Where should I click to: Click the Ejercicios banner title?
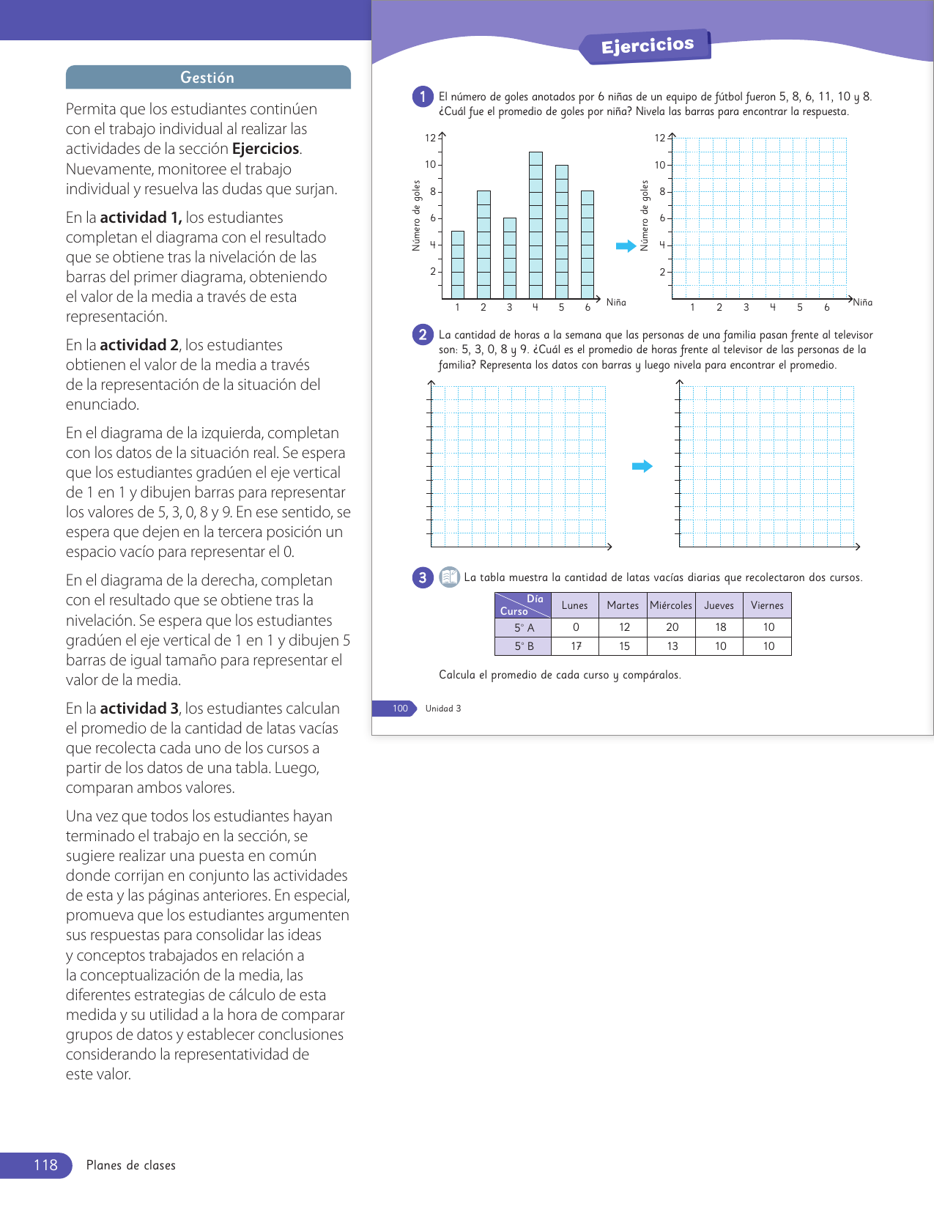coord(648,46)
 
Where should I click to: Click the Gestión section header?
coord(207,78)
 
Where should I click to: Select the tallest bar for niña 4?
coord(535,224)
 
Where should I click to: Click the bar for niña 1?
coord(458,265)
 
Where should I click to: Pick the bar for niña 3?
coord(510,258)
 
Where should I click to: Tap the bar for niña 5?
coord(562,232)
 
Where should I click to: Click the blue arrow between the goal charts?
coord(626,246)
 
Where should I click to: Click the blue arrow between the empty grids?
coord(642,466)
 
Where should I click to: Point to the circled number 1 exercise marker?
coord(423,97)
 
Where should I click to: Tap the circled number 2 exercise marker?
coord(423,335)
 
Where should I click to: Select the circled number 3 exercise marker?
coord(423,577)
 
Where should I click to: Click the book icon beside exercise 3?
coord(449,577)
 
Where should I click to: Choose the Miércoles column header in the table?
coord(671,605)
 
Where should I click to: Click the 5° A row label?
coord(524,627)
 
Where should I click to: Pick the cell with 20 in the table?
coord(672,627)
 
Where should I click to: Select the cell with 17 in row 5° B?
coord(576,646)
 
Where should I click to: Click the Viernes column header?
coord(767,605)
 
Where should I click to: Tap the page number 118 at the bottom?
coord(45,1165)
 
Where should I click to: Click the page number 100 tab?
coord(400,709)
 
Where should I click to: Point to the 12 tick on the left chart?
coord(430,138)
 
